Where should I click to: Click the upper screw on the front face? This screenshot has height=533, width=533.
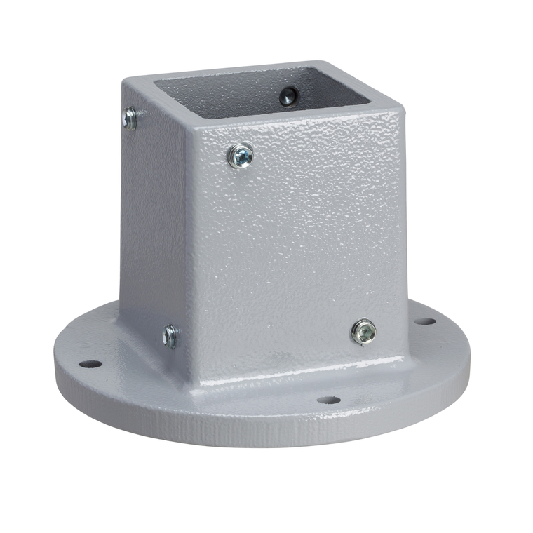tap(242, 155)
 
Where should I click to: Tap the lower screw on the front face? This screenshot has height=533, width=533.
tap(363, 330)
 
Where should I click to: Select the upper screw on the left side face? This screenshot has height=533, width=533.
tap(130, 119)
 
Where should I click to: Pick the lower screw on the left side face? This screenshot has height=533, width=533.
tap(170, 336)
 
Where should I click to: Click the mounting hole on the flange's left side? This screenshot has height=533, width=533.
tap(90, 364)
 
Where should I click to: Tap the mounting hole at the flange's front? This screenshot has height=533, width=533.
tap(328, 400)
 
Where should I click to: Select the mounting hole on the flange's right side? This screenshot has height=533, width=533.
tap(424, 321)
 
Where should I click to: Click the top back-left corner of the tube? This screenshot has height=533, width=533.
tap(126, 81)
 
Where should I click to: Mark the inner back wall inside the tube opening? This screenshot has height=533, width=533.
tap(231, 84)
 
